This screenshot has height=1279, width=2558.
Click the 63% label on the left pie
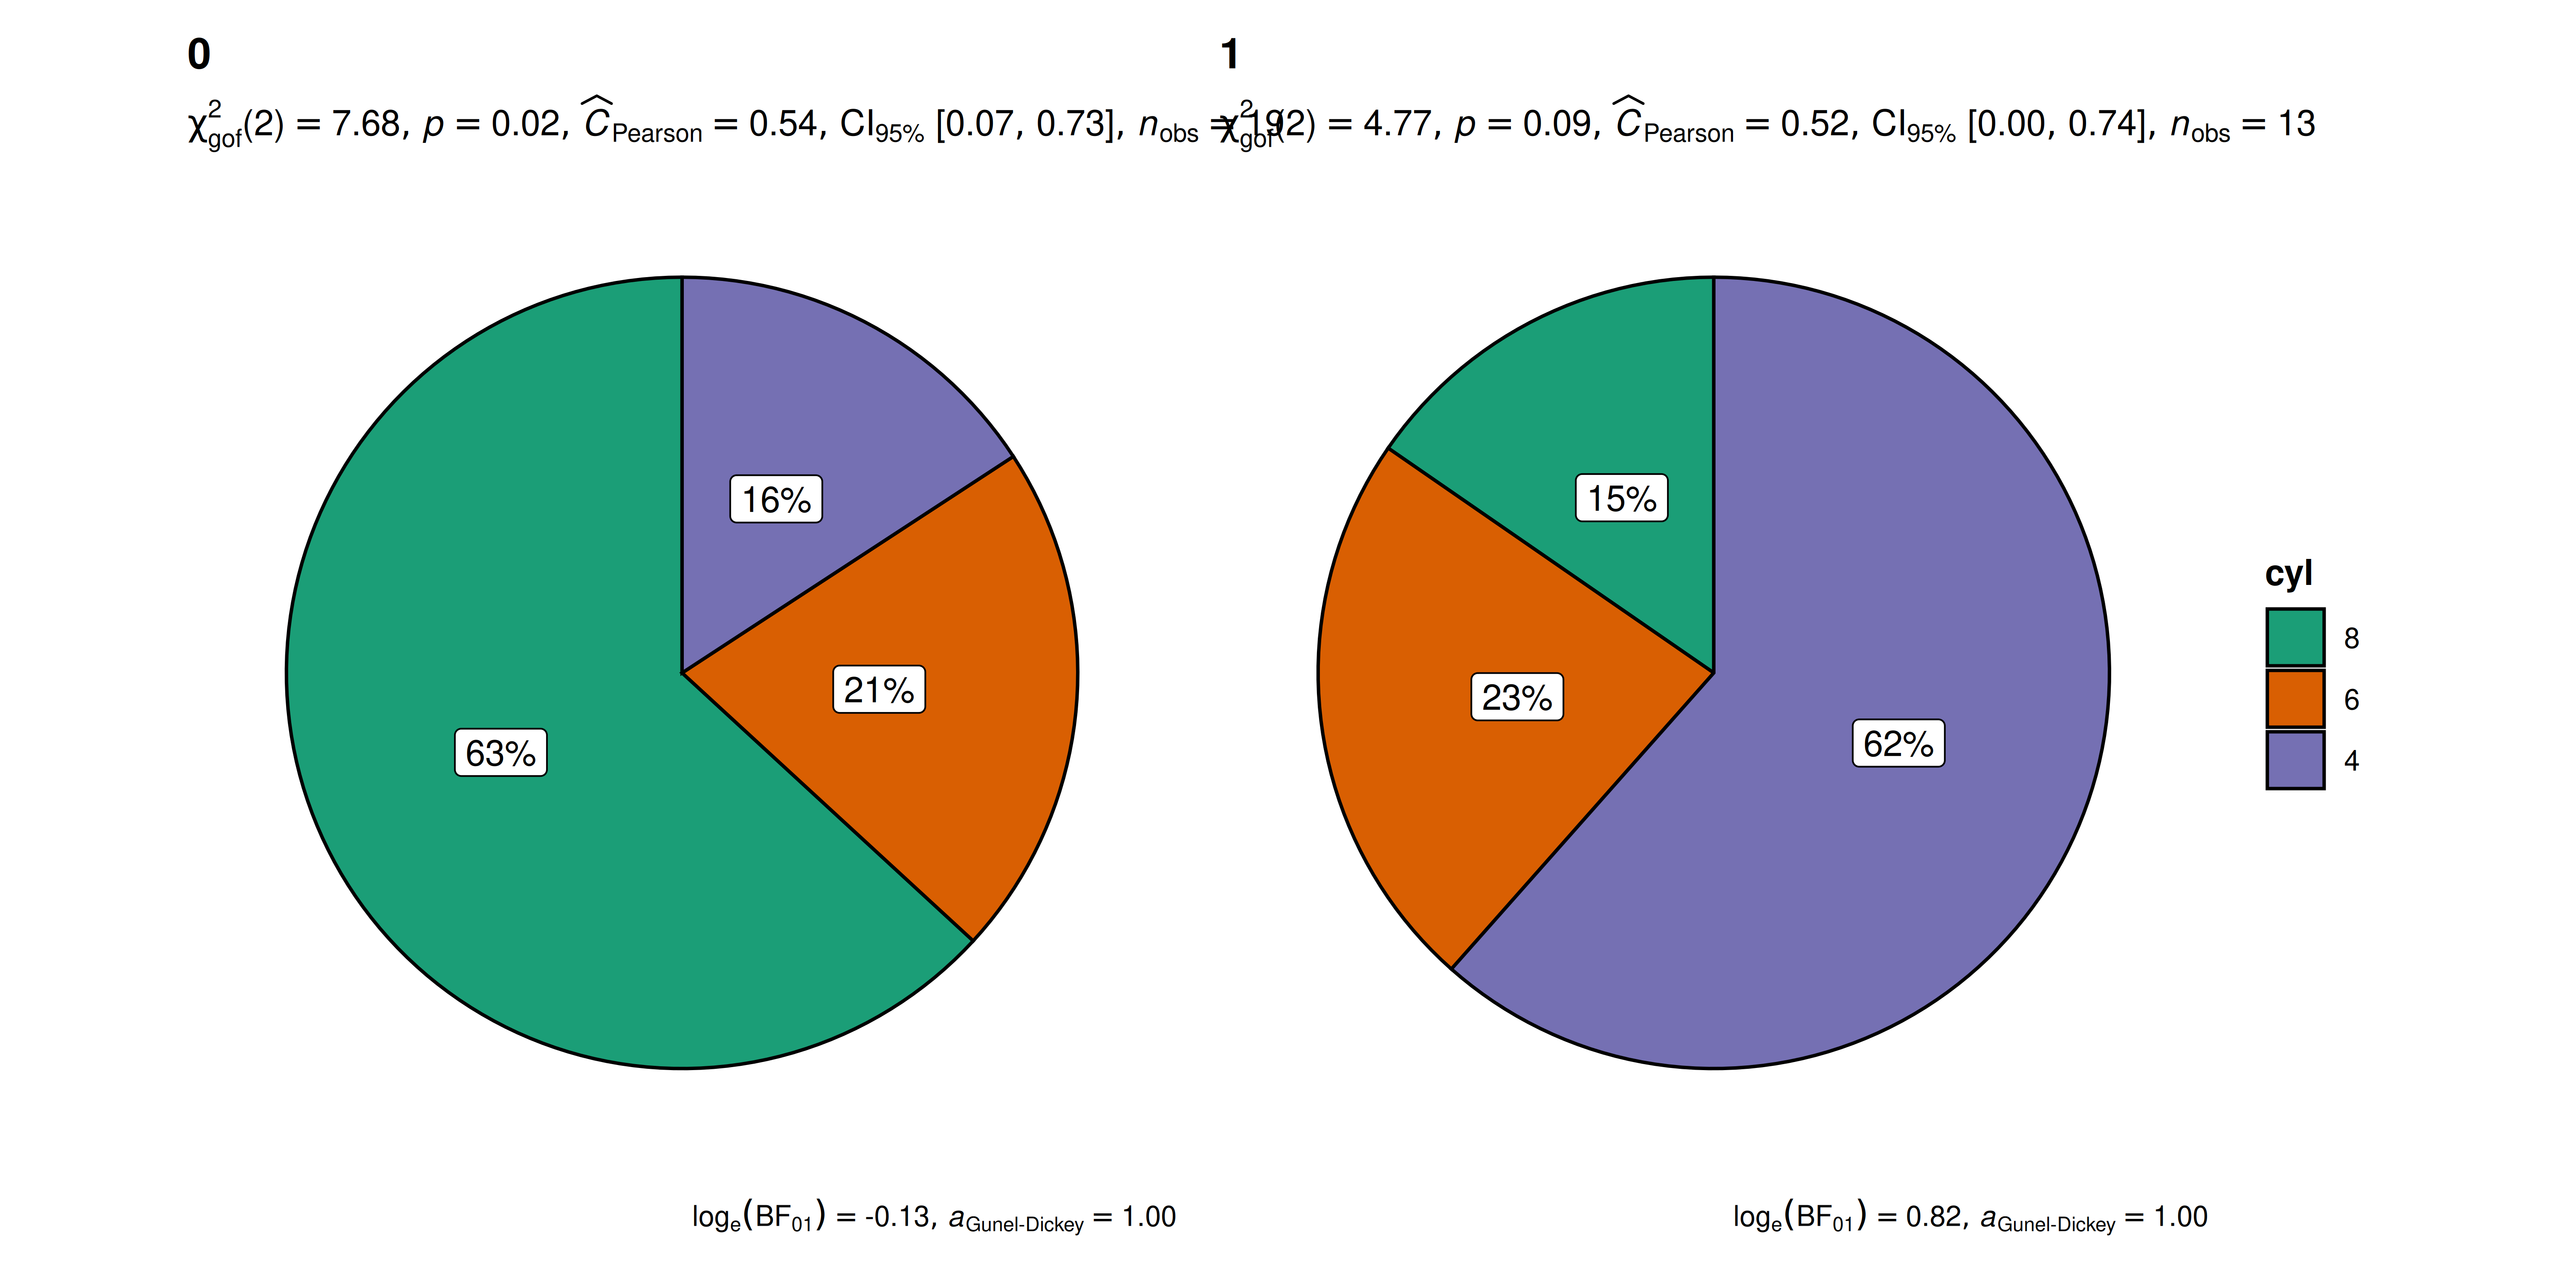(x=501, y=753)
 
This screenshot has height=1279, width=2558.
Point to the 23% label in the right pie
(x=1516, y=697)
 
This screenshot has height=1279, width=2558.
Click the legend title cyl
(x=2288, y=573)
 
